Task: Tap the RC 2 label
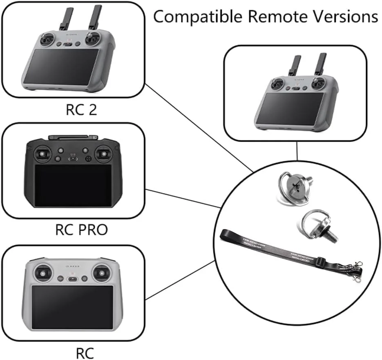81,110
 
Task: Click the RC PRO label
81,230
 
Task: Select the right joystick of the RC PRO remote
103,154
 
